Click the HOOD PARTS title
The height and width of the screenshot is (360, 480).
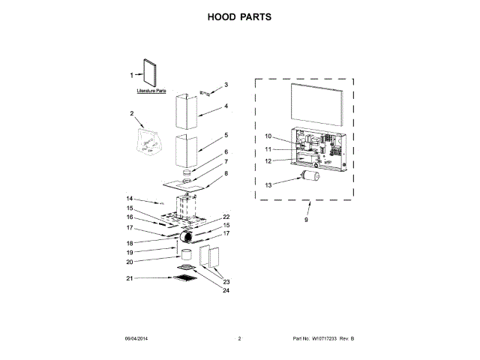(x=239, y=16)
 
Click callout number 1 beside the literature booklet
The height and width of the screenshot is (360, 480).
(x=132, y=75)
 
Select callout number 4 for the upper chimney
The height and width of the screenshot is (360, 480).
(x=226, y=106)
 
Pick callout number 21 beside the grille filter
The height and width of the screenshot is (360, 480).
(x=130, y=278)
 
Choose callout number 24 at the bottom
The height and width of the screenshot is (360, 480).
(x=226, y=292)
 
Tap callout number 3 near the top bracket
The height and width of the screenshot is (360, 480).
(x=226, y=85)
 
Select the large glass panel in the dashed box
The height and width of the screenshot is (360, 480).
(x=316, y=106)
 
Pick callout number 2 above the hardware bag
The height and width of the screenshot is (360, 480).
(x=131, y=114)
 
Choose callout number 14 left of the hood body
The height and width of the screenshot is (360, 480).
(x=130, y=198)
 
